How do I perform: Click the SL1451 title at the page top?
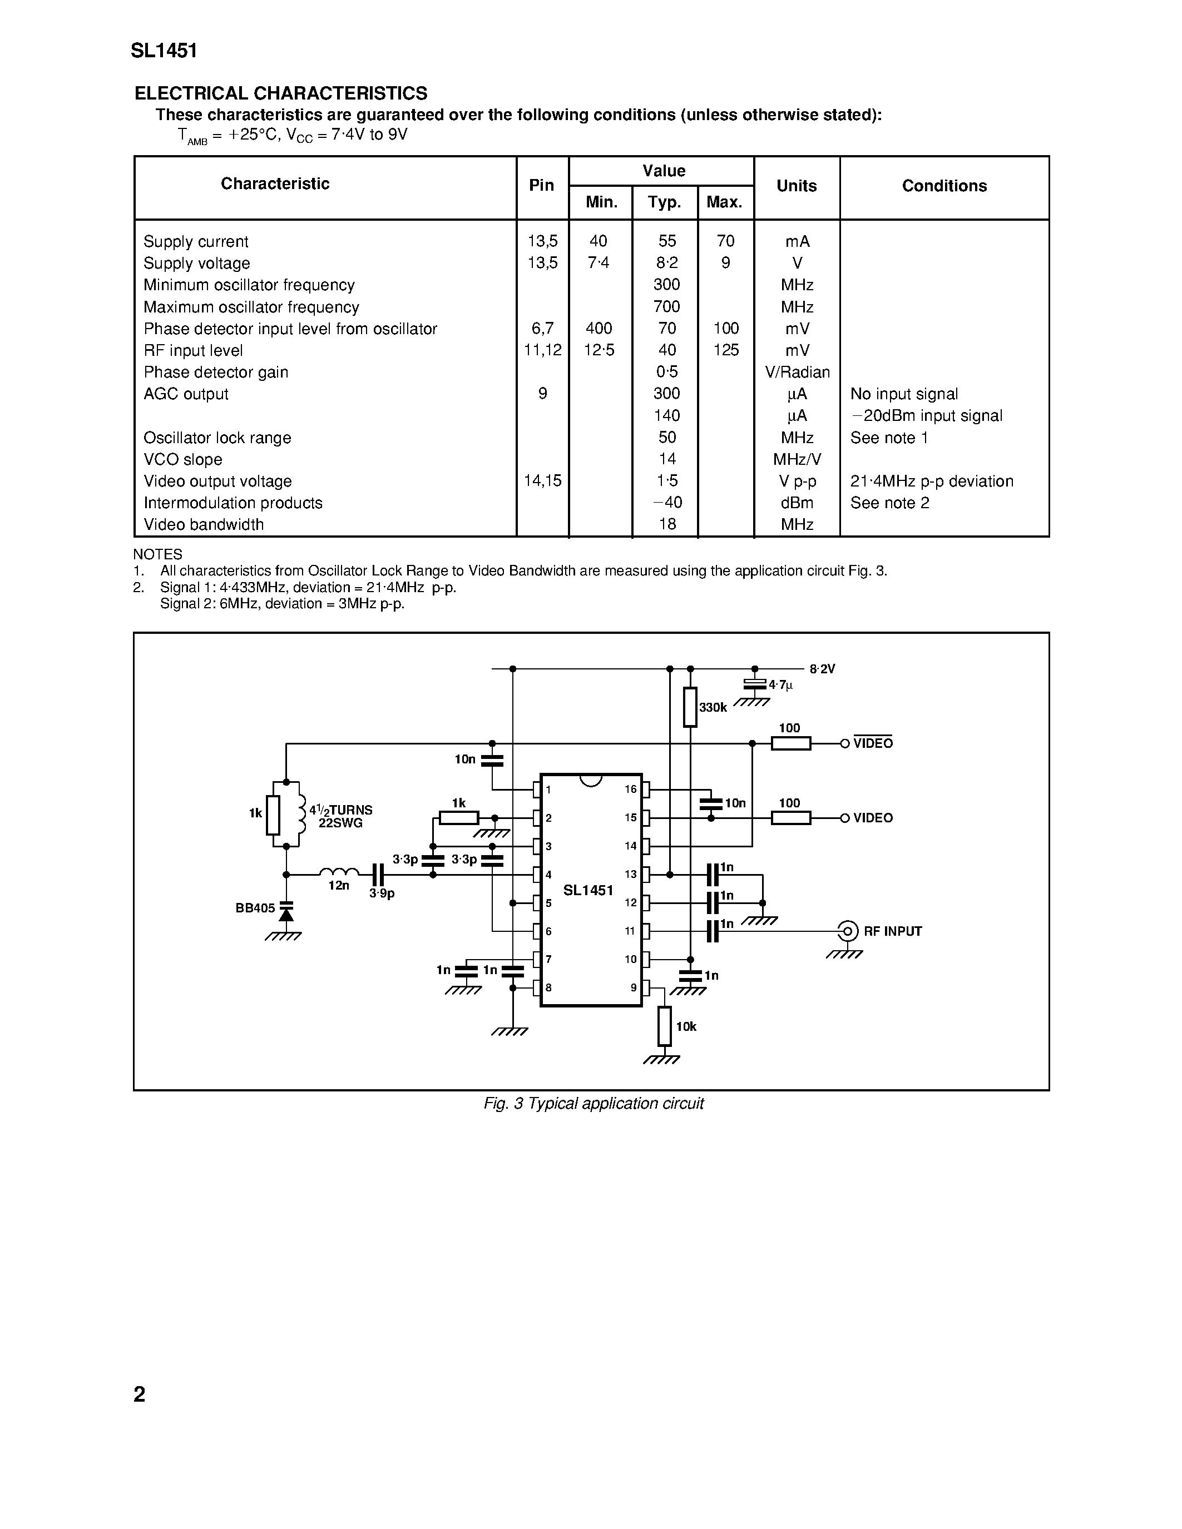click(164, 51)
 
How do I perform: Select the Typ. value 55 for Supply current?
click(666, 241)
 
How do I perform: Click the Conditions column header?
click(943, 186)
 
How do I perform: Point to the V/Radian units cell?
click(797, 373)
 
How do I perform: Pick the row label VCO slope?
click(183, 460)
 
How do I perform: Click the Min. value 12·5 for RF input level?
click(599, 350)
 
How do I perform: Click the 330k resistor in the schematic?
click(690, 707)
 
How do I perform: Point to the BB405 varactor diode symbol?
click(286, 913)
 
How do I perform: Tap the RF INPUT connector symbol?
click(847, 931)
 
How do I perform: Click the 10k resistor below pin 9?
click(665, 1026)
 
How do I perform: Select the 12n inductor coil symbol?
click(339, 873)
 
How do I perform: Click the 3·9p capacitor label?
click(382, 894)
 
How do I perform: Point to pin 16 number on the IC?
click(630, 790)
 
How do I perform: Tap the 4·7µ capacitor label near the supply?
click(781, 684)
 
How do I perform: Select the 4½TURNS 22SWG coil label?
click(340, 816)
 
